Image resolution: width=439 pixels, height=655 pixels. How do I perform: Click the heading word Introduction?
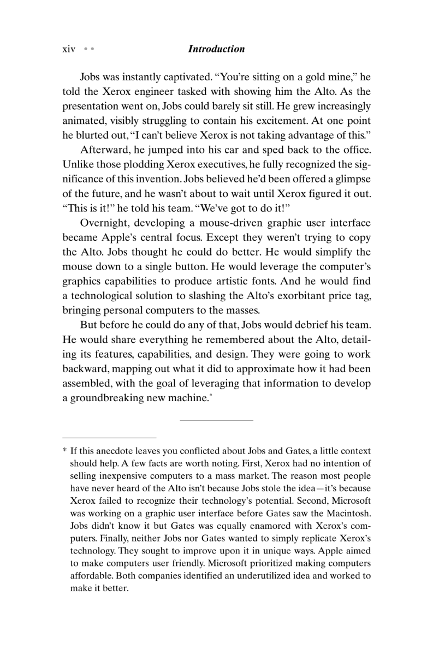[216, 49]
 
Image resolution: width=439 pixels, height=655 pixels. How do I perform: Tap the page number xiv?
[69, 49]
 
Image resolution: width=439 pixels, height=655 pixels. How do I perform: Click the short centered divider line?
[216, 420]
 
